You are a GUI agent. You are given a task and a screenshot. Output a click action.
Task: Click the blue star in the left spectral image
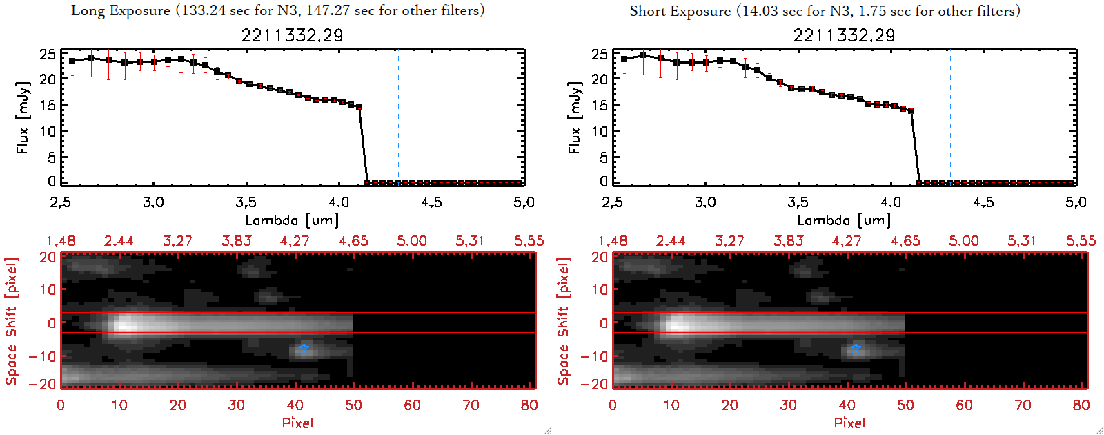coord(304,348)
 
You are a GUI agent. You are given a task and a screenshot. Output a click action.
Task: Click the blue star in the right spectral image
coord(856,348)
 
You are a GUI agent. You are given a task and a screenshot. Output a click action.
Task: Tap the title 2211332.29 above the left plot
coord(292,35)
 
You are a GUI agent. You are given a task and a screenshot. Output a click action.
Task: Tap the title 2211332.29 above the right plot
coord(844,35)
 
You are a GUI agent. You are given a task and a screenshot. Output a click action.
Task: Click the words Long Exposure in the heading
coord(121,10)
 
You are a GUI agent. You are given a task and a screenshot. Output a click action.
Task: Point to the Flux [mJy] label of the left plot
coord(23,117)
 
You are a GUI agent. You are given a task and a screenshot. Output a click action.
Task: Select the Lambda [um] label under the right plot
coord(844,220)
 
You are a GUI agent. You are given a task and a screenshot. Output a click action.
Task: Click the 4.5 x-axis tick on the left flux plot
coord(431,202)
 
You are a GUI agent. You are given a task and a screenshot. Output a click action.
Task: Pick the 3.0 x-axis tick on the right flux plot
coord(705,202)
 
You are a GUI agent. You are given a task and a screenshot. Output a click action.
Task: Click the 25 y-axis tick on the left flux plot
coord(47,54)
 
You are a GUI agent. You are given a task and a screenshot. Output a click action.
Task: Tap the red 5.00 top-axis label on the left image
coord(411,241)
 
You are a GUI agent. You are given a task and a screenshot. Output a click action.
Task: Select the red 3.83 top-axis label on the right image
coord(788,241)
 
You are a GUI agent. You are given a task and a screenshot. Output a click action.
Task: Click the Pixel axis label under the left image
coord(297,423)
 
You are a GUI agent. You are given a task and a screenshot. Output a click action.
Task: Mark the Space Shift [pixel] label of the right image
coord(564,321)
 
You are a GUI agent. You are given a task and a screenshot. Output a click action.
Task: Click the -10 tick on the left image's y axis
coord(42,356)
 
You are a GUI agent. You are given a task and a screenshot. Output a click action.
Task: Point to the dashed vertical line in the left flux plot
coord(398,117)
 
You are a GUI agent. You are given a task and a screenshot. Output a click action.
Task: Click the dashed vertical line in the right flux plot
coord(950,117)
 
